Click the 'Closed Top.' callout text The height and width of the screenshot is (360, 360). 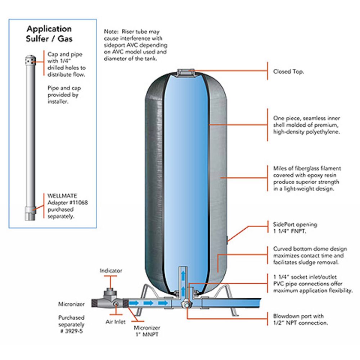pyautogui.click(x=288, y=72)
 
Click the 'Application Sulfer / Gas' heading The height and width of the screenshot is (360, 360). pyautogui.click(x=49, y=34)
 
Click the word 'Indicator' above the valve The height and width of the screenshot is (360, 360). pyautogui.click(x=111, y=270)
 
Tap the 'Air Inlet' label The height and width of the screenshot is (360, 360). pyautogui.click(x=115, y=322)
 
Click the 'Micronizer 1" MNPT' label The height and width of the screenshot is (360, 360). pyautogui.click(x=147, y=331)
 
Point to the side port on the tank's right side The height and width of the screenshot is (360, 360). pyautogui.click(x=228, y=239)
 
